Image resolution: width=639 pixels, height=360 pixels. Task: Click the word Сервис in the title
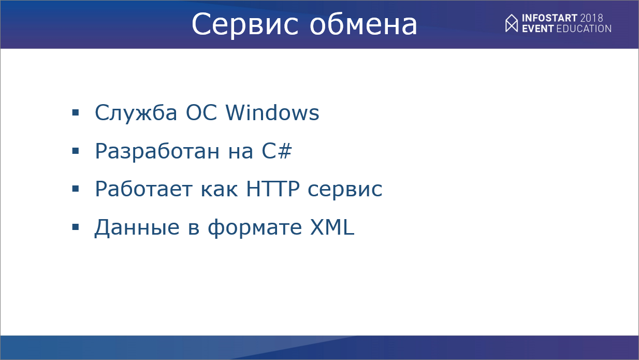[245, 25]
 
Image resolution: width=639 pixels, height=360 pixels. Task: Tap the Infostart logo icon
[512, 23]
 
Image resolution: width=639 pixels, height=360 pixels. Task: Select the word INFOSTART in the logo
[549, 18]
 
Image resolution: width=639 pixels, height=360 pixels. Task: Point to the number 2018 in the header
[592, 18]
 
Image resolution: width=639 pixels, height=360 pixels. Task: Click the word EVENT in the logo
[538, 28]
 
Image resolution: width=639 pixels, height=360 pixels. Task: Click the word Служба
[136, 113]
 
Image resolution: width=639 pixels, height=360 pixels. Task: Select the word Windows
[272, 112]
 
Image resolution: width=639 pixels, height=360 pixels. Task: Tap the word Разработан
[157, 152]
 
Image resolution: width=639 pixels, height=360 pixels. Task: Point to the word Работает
[144, 189]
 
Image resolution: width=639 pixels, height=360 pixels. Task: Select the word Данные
[137, 227]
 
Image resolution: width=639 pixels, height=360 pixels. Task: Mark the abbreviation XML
[332, 227]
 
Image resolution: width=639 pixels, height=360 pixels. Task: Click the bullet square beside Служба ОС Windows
[76, 112]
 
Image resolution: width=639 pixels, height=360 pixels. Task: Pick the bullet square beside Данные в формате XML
[76, 227]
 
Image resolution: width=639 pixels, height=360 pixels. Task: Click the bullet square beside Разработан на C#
[76, 151]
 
